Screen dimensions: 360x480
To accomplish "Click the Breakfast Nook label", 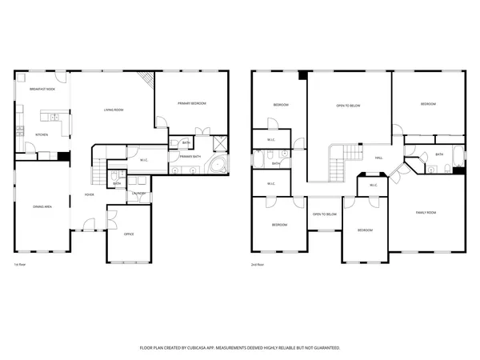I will [42, 89].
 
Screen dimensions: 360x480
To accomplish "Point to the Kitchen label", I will [41, 134].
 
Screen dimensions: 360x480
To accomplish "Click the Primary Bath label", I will [190, 156].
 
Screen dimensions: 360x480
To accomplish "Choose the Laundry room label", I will [138, 193].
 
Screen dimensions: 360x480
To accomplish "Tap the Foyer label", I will [90, 194].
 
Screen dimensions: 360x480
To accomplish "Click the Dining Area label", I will [42, 207].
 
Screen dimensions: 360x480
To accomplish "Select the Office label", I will [129, 234].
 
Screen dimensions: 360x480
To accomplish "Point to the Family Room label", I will [426, 212].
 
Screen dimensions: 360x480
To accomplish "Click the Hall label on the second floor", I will [378, 158].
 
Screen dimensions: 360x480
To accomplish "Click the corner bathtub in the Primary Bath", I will [217, 166].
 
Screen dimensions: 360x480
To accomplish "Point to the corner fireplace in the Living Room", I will [146, 78].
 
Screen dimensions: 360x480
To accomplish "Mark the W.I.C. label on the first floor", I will [144, 160].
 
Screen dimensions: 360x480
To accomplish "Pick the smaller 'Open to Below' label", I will [324, 214].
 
